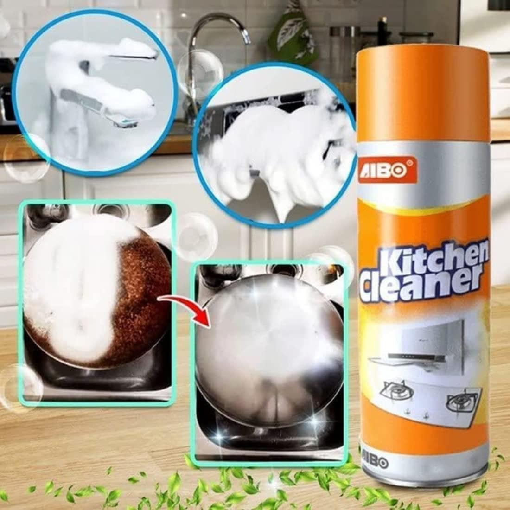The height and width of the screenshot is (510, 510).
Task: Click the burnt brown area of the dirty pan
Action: [x=144, y=297]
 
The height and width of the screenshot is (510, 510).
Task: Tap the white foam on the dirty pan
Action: [x=70, y=292]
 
